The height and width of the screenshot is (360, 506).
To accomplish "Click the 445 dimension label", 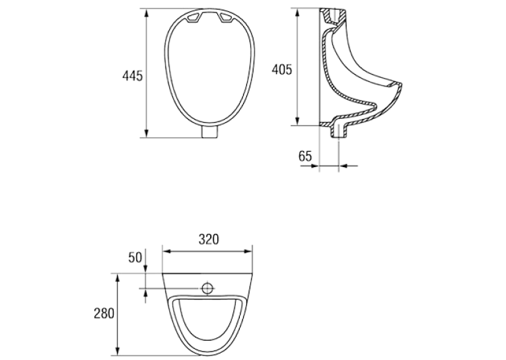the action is pos(132,76).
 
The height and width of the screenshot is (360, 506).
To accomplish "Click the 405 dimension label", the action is pos(281,69).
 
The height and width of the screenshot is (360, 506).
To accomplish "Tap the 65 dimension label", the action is pos(305,156).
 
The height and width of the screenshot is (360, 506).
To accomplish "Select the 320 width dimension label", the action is pos(209,239).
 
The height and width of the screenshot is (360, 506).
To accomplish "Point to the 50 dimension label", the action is pos(135,258).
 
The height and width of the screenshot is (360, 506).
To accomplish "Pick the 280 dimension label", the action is pos(104,313).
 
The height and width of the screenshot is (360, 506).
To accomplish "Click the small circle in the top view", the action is pos(207,288).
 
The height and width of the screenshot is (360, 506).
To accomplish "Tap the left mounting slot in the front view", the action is pos(194,18).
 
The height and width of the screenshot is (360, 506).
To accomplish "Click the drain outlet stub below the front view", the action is pos(210,132).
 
